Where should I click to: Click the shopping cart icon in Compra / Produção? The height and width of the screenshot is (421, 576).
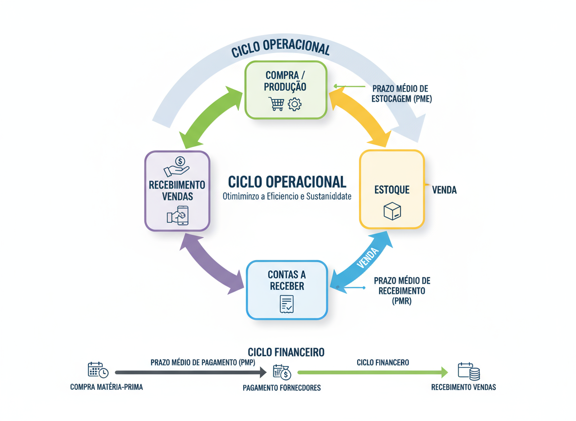coord(276,103)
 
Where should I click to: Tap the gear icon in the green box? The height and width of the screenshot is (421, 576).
coord(295,104)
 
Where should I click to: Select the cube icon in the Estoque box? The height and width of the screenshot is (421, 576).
coord(392,211)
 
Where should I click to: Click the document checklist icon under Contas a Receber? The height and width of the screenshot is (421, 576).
coord(287,304)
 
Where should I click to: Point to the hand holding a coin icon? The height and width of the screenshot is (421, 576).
coord(177,166)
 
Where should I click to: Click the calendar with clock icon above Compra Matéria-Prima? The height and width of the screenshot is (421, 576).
coord(98,370)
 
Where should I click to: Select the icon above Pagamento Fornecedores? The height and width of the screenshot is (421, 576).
coord(282,372)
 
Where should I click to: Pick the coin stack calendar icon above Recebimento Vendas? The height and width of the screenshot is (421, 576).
coord(468,371)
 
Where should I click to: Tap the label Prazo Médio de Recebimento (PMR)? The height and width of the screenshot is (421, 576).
coord(402,291)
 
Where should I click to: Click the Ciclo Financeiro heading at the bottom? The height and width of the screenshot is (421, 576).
coord(286,352)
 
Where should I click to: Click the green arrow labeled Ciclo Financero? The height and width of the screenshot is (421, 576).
coord(372,373)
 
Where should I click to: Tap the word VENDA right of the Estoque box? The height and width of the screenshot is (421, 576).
coord(444,190)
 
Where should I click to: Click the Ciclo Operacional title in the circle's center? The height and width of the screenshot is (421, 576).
coord(287,182)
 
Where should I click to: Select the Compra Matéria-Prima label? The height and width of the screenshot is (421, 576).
coord(107,387)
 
